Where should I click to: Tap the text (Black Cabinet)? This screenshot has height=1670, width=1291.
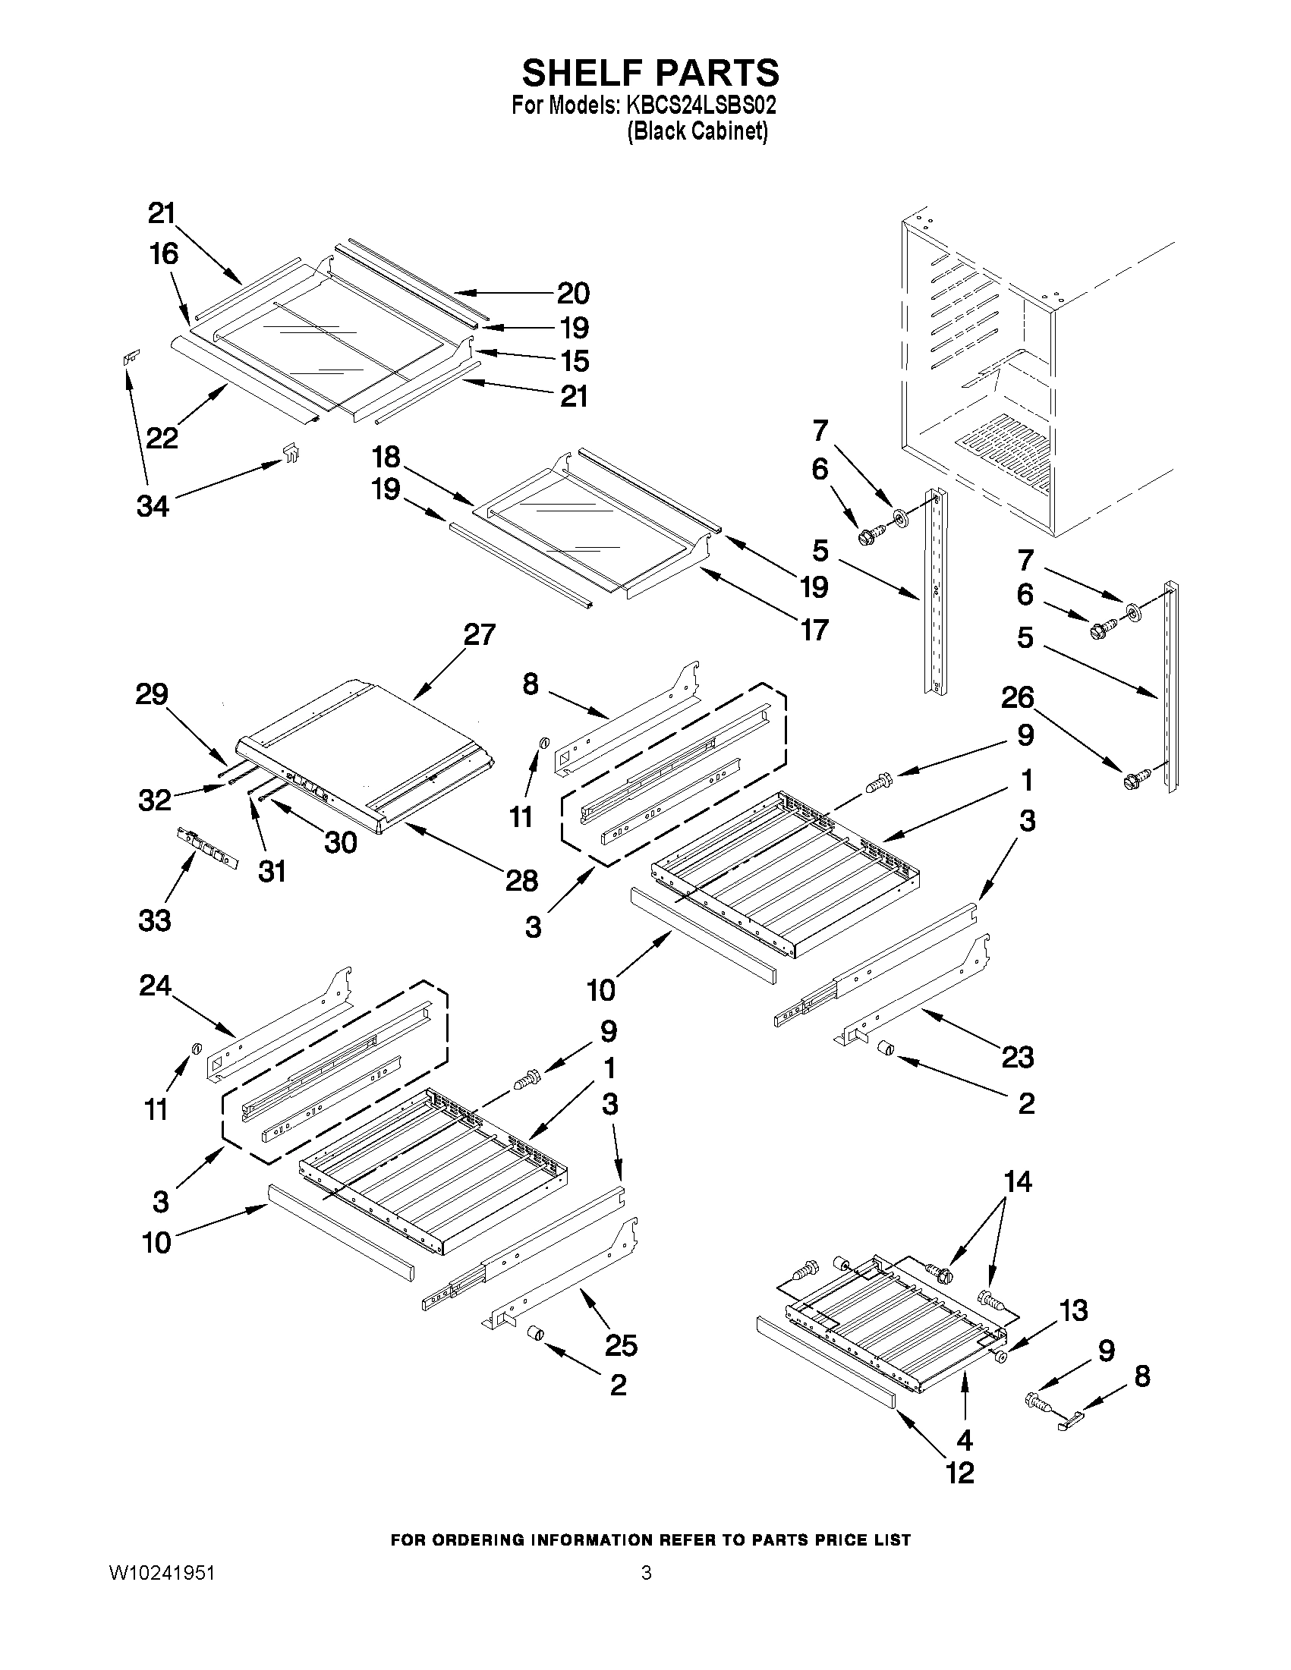697,131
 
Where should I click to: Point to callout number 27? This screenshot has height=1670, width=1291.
480,634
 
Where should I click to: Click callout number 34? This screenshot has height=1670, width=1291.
153,505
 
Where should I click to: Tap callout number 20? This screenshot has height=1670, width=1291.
573,293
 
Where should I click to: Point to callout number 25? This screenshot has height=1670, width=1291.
620,1345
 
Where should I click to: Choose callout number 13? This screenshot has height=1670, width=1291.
1074,1310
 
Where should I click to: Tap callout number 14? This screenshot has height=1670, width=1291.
1018,1181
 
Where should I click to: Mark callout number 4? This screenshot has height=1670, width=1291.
965,1439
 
